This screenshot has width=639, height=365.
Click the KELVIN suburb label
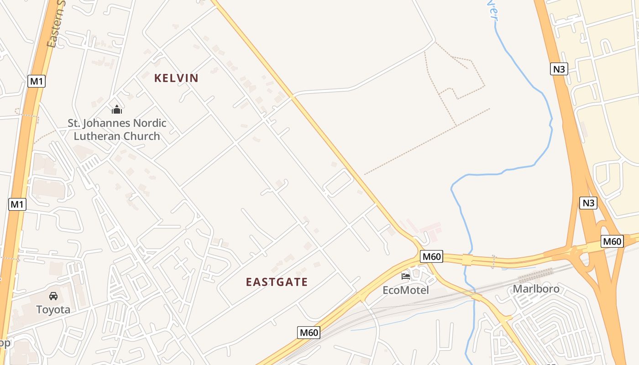(176, 78)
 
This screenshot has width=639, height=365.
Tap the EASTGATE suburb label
(277, 282)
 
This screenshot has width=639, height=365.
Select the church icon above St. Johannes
(117, 109)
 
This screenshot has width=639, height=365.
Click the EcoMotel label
(406, 290)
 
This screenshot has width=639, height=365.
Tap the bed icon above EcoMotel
(405, 276)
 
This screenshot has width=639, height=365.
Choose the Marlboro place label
(536, 289)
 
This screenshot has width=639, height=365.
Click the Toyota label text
(53, 310)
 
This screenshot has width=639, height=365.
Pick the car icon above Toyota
(53, 296)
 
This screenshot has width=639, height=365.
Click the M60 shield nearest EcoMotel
(432, 256)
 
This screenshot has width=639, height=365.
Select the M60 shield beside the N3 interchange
(612, 241)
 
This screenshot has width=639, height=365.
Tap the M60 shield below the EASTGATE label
(309, 333)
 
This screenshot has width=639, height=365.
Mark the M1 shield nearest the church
(37, 81)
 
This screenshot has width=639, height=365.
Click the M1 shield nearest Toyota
(17, 204)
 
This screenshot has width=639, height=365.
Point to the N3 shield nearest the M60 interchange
(588, 203)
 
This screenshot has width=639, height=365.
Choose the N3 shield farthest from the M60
(559, 69)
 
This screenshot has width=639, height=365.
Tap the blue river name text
(493, 11)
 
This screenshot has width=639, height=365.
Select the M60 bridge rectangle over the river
(467, 260)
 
